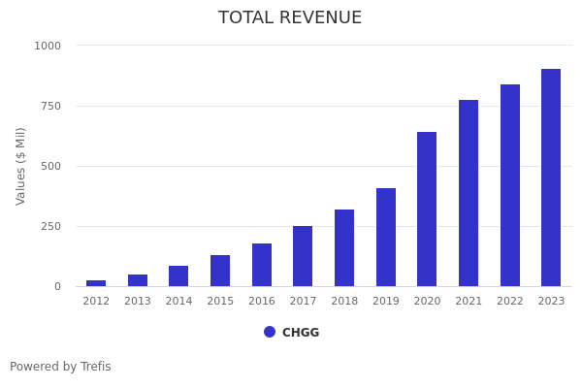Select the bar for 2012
click(x=96, y=283)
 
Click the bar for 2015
click(x=220, y=271)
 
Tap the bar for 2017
click(x=303, y=256)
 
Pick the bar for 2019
click(x=386, y=238)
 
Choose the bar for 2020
click(x=427, y=210)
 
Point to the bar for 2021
click(x=469, y=193)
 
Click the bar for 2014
click(x=178, y=276)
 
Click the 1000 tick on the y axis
click(x=48, y=46)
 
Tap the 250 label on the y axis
click(x=50, y=226)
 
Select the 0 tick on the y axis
click(x=57, y=286)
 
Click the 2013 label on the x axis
click(x=138, y=302)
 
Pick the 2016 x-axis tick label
click(x=262, y=302)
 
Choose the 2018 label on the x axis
click(x=344, y=302)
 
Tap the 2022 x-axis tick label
click(x=510, y=302)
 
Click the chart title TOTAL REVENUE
click(x=290, y=18)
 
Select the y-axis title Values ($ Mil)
click(x=21, y=166)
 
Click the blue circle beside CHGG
click(x=270, y=332)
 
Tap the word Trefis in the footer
click(x=95, y=367)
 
